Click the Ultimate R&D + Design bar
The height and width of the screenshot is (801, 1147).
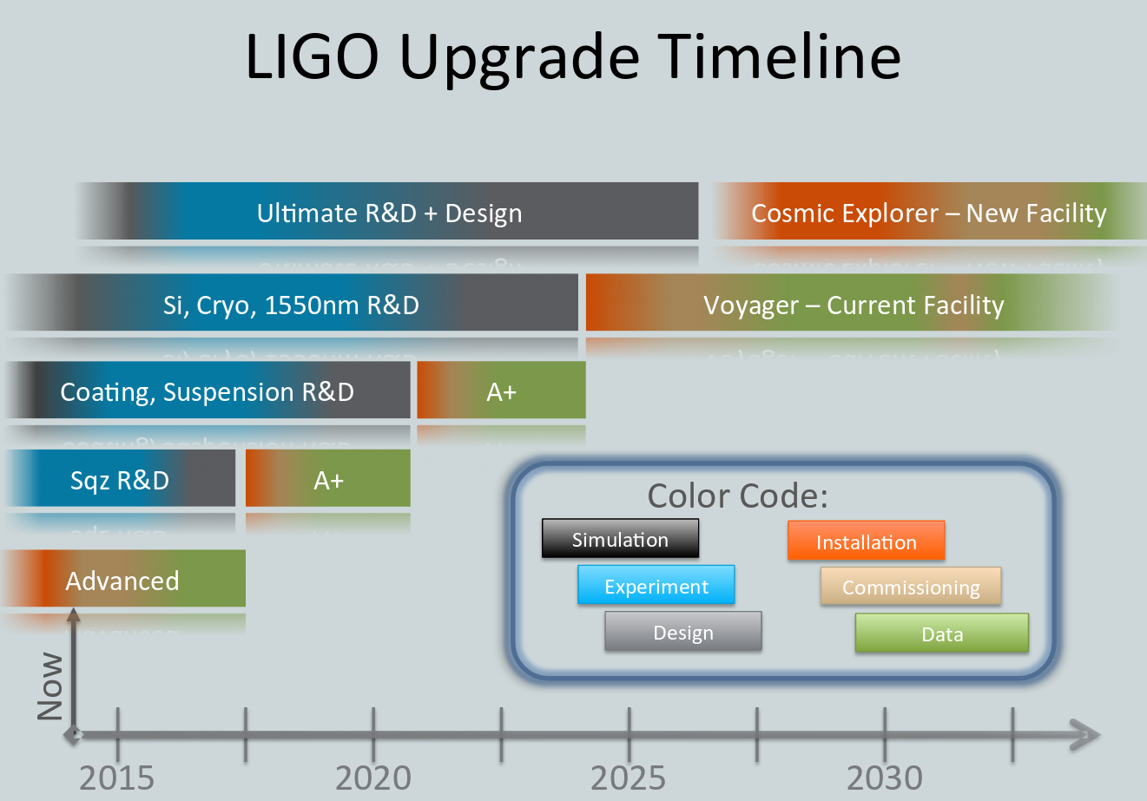point(387,211)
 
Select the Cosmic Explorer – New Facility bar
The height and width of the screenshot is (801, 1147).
point(930,211)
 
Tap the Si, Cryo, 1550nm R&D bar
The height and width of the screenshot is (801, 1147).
point(292,302)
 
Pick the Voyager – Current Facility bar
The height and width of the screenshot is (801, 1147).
point(853,302)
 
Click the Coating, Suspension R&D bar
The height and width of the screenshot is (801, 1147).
point(208,390)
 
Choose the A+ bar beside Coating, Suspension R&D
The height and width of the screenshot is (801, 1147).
point(501,390)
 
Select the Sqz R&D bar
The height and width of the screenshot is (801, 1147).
point(121,478)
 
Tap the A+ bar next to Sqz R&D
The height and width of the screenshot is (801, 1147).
point(328,478)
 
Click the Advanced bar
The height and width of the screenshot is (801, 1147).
point(123,578)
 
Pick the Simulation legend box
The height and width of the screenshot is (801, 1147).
point(621,538)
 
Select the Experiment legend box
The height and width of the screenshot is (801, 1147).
point(656,585)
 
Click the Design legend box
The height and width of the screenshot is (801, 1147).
point(683,631)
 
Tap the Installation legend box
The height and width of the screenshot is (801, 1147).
point(867,541)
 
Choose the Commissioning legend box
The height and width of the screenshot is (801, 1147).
point(911,586)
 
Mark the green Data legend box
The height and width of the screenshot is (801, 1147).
point(942,633)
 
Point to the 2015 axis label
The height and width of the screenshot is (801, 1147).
point(116,778)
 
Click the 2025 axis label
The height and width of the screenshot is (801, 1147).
point(629,778)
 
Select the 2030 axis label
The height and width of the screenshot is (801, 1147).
point(885,778)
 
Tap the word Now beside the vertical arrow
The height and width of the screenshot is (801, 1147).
point(50,686)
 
